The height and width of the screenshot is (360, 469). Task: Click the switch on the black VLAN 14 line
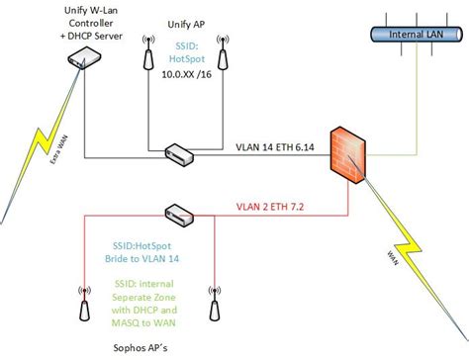[179, 153]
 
